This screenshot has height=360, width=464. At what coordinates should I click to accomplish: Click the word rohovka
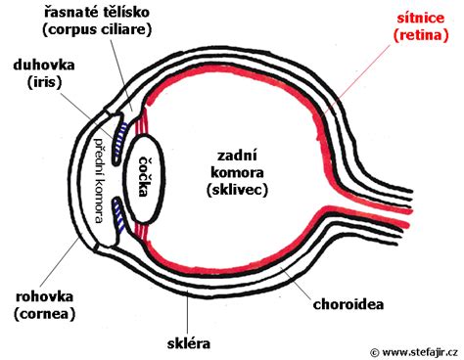click(39, 294)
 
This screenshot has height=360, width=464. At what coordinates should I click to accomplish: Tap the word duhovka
click(37, 69)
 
